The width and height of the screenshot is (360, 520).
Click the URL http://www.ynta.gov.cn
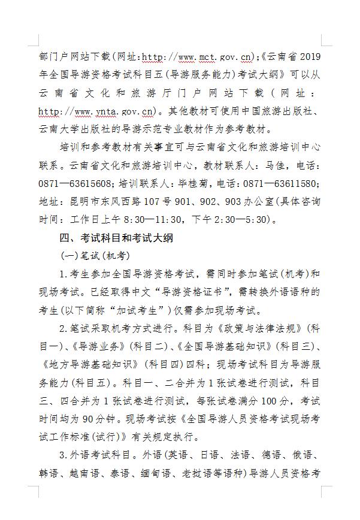click(x=96, y=111)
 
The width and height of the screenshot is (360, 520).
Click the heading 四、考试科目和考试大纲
click(x=116, y=238)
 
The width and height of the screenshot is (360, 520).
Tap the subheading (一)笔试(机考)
click(x=95, y=256)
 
